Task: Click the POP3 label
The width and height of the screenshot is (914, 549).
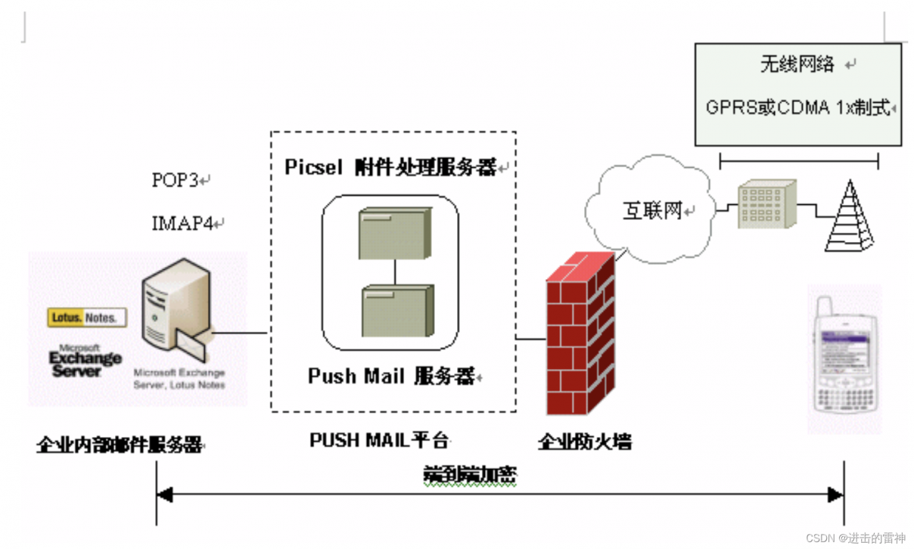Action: [x=175, y=180]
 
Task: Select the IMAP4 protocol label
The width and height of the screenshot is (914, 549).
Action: [x=183, y=223]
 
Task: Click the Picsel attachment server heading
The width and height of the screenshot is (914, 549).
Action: [x=391, y=167]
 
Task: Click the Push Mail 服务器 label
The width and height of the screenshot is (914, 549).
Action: [x=391, y=376]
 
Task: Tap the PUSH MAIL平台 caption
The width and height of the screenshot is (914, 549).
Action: [x=378, y=440]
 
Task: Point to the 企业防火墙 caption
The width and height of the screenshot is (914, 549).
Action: [x=584, y=442]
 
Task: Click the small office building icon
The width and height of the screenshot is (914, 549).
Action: [x=767, y=204]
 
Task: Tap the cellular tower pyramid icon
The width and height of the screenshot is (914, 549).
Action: [x=849, y=217]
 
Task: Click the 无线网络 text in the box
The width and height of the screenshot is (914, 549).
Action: [x=797, y=64]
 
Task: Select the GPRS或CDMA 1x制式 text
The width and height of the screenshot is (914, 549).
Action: [x=798, y=108]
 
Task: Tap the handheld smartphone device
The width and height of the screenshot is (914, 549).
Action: [x=845, y=361]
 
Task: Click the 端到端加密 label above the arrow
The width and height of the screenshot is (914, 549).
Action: [x=469, y=475]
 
